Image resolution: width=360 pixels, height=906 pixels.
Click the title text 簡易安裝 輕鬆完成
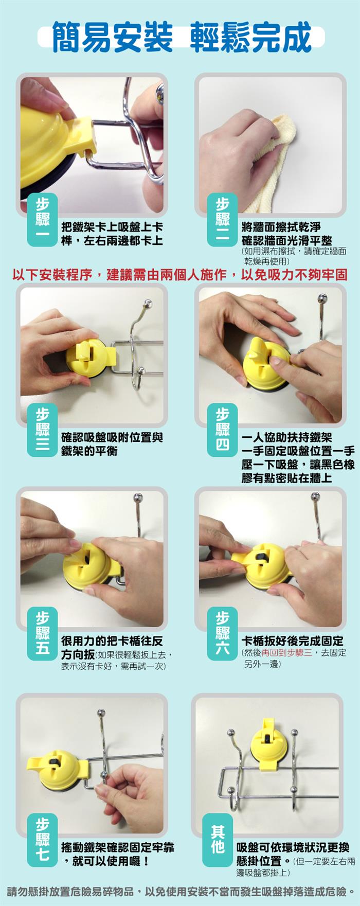pos(182,37)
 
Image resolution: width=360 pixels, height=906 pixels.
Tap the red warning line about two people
pos(179,274)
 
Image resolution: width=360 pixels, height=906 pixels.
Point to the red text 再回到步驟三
pos(286,653)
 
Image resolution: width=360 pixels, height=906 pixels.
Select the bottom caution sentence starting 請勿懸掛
pos(180,891)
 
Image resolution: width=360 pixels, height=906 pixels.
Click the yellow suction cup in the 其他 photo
pos(268,744)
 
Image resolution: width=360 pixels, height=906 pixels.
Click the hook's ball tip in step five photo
pos(138,498)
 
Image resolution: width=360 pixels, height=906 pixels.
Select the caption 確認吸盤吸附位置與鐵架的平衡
pos(112,444)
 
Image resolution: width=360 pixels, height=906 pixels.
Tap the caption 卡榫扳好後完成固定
pos(292,641)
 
